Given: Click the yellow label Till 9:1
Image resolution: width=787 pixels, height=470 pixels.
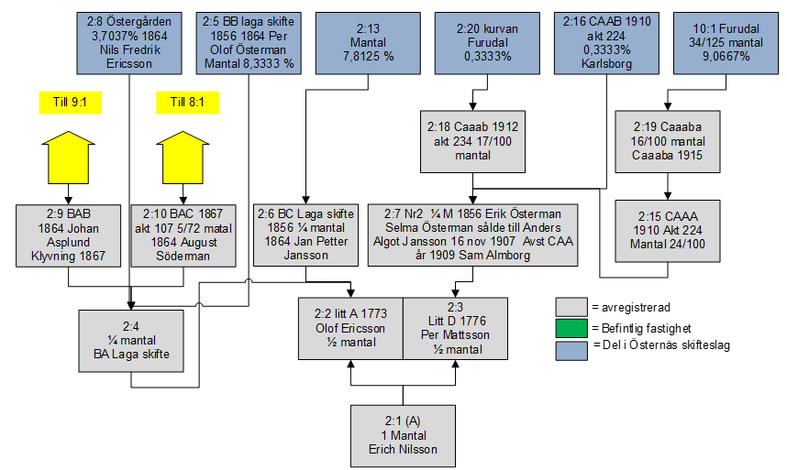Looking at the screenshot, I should coord(68,102).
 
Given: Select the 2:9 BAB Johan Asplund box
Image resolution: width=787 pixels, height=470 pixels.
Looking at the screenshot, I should coord(67,235).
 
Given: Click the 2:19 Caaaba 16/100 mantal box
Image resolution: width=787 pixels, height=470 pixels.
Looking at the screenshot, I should coord(666,141).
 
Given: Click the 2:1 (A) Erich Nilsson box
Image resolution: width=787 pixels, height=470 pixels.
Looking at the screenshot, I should coord(404,436).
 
